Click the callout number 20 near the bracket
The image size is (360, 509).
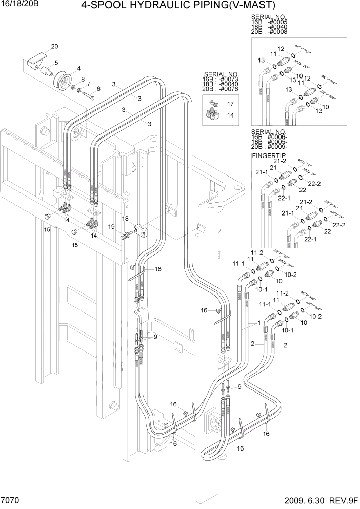coord(54,46)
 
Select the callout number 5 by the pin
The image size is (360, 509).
coord(55,63)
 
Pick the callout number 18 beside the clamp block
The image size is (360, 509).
coord(125,218)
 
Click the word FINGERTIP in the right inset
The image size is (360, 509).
coord(269,155)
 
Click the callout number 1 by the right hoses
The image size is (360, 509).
coord(259,323)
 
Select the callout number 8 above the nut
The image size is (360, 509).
coord(83,79)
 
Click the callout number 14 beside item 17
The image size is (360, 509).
coord(231,115)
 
